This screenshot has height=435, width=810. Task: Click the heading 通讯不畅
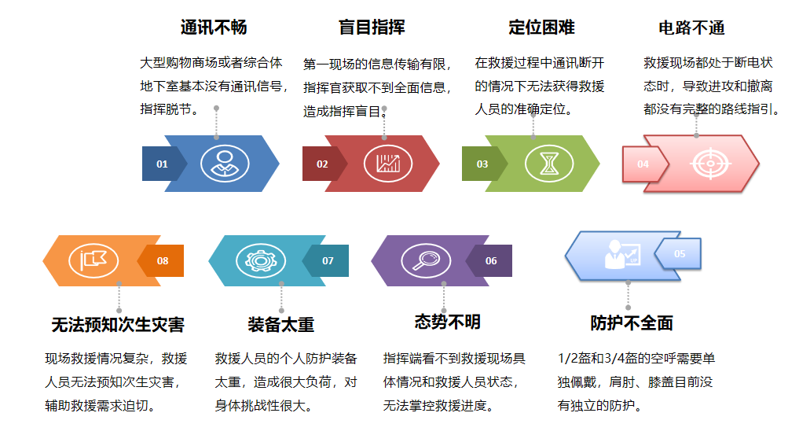click(214, 27)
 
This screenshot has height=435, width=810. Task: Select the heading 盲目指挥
click(372, 27)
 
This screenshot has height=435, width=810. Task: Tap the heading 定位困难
click(541, 27)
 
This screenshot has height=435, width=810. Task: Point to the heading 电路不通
click(691, 28)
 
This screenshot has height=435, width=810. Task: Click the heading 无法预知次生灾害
click(118, 324)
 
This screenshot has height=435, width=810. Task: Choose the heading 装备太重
click(280, 324)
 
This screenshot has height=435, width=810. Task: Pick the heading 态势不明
click(447, 322)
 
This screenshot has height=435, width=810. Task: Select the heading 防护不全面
click(632, 323)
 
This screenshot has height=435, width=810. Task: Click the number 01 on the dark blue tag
click(162, 164)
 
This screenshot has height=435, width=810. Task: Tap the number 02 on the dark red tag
click(322, 164)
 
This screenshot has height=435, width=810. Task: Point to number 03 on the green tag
click(482, 164)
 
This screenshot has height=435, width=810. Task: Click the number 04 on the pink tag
click(643, 164)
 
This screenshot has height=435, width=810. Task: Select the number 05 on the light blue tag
click(680, 254)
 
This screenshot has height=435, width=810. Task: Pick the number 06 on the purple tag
click(491, 260)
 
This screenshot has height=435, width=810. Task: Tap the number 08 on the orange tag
click(163, 260)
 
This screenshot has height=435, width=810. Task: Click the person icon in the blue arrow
click(225, 164)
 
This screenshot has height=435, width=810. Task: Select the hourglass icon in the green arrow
click(549, 164)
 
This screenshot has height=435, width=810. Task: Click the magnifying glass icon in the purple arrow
click(426, 260)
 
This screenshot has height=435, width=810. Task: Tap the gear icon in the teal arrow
click(260, 260)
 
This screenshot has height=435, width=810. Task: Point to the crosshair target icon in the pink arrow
click(710, 164)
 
